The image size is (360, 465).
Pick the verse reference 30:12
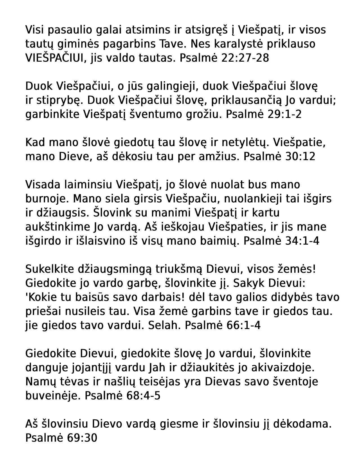click(300, 157)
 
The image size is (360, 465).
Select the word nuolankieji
click(252, 199)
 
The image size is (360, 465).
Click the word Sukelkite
click(49, 269)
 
